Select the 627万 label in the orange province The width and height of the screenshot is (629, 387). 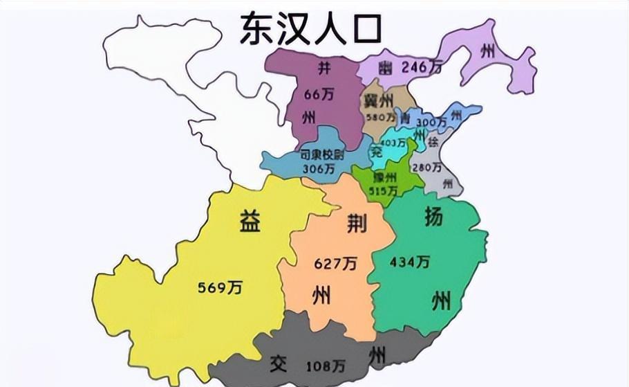(335, 264)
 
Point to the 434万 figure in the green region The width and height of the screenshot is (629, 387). (410, 262)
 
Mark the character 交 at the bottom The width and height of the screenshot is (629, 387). (278, 363)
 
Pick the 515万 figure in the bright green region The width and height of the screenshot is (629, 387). (384, 190)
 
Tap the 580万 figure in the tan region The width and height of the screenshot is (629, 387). (379, 118)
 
